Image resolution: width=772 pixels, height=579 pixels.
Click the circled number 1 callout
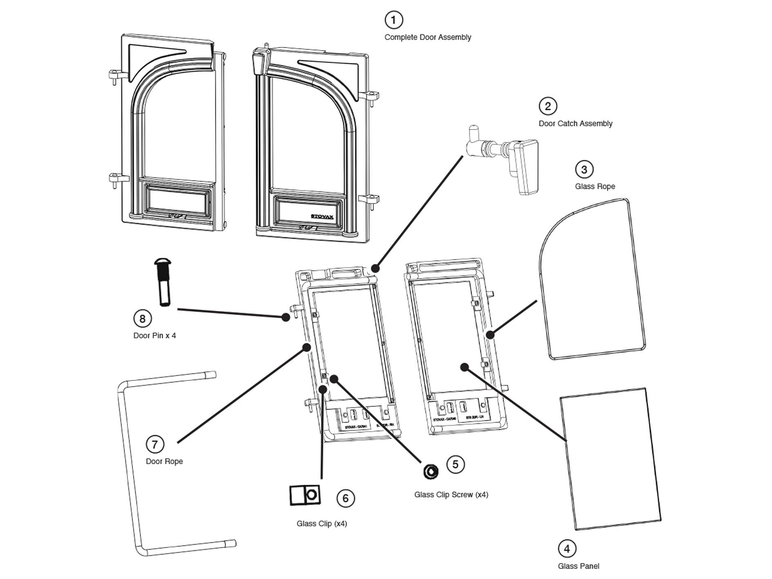[x=393, y=20]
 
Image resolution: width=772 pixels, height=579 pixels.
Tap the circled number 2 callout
[x=548, y=106]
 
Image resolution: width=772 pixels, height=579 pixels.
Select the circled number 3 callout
[x=584, y=169]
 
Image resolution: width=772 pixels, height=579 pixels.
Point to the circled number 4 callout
[x=567, y=549]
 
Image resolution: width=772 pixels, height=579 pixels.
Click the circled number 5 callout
[x=455, y=464]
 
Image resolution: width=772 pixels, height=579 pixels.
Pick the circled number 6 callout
[x=346, y=498]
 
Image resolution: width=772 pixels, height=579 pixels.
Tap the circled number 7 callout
[x=155, y=444]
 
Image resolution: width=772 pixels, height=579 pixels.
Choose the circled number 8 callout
[x=142, y=318]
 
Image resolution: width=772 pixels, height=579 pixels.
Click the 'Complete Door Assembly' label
[x=428, y=37]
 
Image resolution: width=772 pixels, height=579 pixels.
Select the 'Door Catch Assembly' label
[x=575, y=123]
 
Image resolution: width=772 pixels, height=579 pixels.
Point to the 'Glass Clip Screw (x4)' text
[x=451, y=494]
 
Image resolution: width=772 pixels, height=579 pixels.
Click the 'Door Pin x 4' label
[x=154, y=335]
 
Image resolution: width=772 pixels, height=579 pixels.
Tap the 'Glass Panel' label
[x=578, y=566]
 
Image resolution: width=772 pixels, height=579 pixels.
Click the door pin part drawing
[x=163, y=282]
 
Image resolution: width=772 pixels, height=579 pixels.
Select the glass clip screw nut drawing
[x=431, y=471]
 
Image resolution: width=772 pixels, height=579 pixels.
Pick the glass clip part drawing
[x=305, y=495]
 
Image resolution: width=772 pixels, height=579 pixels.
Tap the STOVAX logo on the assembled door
[x=322, y=216]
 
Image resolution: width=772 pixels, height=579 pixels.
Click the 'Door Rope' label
[x=164, y=461]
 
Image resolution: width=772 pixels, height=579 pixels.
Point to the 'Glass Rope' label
[x=595, y=186]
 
